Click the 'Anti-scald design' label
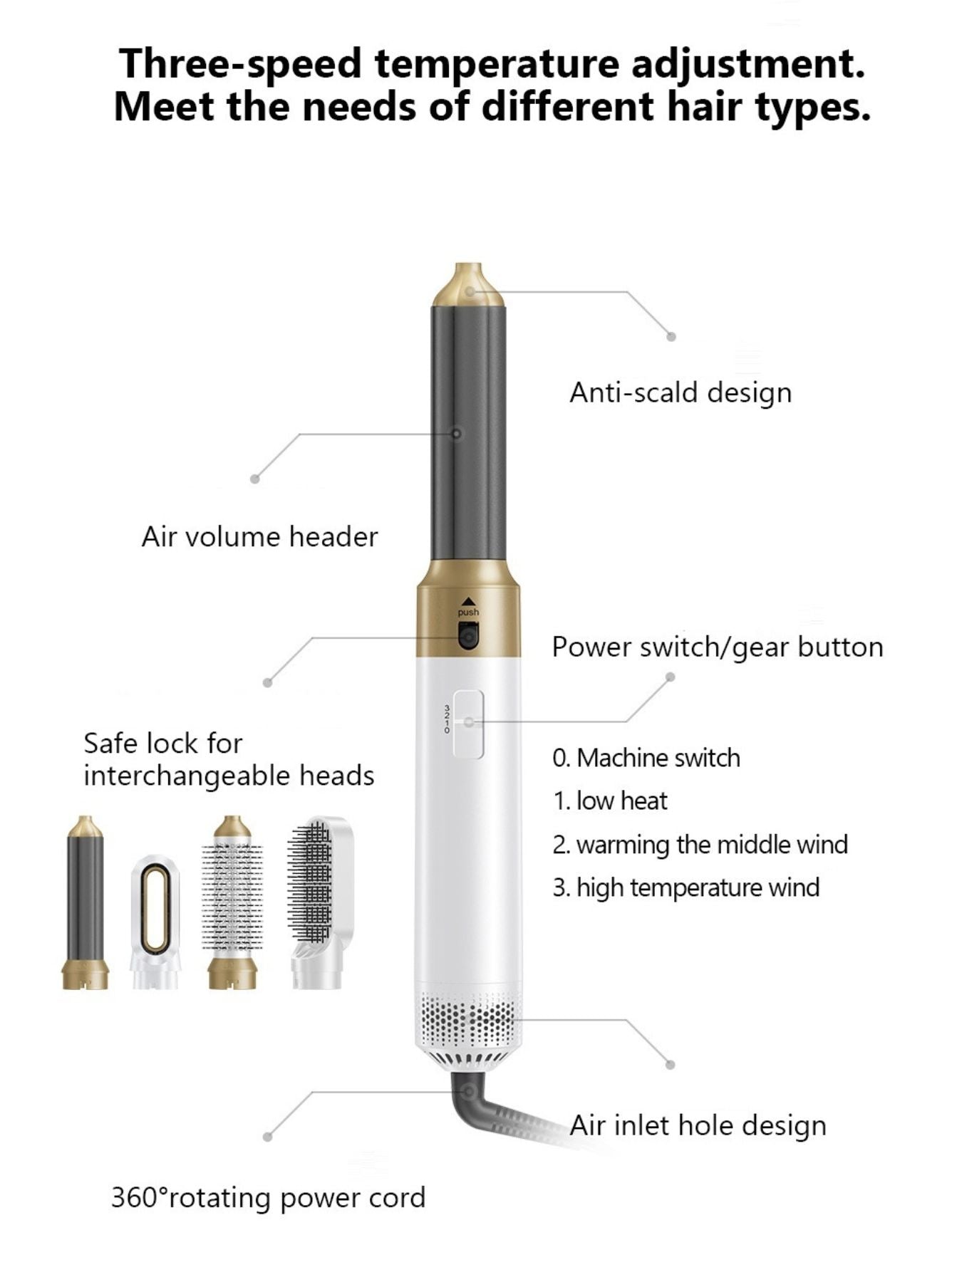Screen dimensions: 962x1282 click(681, 392)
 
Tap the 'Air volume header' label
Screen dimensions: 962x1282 click(259, 537)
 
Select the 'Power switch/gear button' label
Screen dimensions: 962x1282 click(718, 647)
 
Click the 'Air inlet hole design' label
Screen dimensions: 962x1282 click(698, 1126)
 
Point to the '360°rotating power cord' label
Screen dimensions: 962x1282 click(268, 1197)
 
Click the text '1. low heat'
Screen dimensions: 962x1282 click(610, 801)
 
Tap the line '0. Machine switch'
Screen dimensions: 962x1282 click(646, 758)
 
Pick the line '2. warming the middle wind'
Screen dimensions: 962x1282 click(700, 845)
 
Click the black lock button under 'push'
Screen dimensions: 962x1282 click(467, 635)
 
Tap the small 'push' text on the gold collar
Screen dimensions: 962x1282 click(468, 613)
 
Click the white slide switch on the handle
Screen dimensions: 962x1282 click(468, 723)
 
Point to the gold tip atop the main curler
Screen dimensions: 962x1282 click(468, 285)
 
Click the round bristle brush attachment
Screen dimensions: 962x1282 click(232, 902)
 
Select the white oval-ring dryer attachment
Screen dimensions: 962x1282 click(155, 922)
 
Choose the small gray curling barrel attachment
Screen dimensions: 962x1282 click(86, 902)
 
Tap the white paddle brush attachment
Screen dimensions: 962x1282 click(320, 902)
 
